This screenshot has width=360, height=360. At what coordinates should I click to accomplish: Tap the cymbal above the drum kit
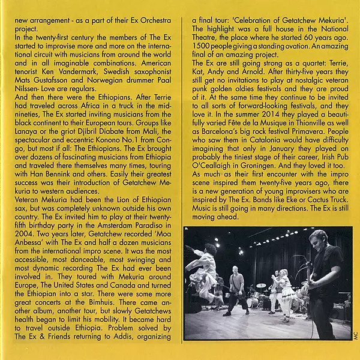[x=261, y=286]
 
